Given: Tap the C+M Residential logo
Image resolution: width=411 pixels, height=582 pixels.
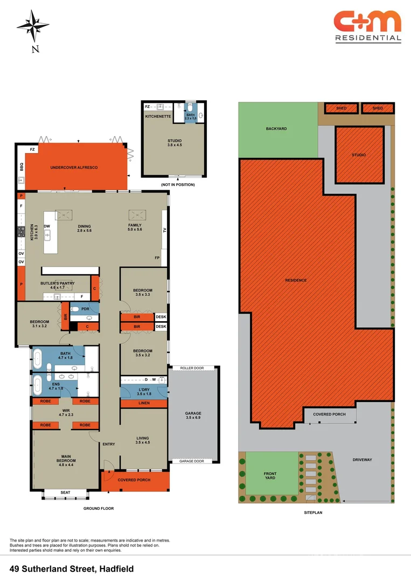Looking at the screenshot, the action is tap(368, 26).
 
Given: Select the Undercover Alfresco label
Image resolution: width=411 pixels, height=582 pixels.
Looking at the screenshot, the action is tap(74, 168).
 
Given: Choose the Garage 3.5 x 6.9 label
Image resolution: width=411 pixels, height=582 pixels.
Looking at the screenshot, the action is tap(193, 415).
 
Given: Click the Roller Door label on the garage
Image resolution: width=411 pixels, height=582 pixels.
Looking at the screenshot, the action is tap(192, 368).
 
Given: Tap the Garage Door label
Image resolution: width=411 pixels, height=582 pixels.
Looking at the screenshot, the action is tap(191, 461).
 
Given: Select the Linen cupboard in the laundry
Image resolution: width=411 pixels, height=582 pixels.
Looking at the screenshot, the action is tap(144, 403).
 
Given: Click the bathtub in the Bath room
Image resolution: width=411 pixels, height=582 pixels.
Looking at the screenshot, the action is tap(38, 358).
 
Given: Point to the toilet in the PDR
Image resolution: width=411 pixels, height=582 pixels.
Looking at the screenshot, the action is tap(74, 309).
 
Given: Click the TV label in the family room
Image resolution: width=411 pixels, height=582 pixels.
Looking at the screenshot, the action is tap(165, 230).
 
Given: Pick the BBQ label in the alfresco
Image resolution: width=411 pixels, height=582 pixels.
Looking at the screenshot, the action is tap(22, 167).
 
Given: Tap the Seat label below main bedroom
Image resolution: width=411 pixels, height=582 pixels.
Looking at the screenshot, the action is tap(65, 493).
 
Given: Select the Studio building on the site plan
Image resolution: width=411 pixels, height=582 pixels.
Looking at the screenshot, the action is tap(359, 155).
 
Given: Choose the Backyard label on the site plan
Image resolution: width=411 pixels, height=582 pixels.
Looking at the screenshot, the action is tap(276, 129).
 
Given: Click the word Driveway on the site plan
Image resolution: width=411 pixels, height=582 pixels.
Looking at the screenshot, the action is tap(362, 460).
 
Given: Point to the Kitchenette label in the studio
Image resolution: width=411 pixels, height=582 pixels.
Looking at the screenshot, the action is tap(158, 116).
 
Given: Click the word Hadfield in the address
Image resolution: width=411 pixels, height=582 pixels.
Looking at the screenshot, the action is tap(116, 569).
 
